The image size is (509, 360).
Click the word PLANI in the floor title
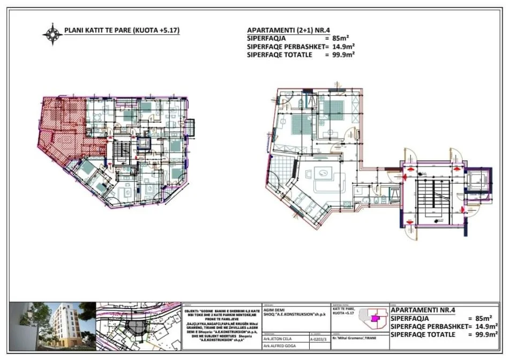point(73,31)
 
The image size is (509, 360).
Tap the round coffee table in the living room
point(324,172)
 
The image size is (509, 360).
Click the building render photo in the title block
point(52,324)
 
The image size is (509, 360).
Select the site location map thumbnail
point(139,324)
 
